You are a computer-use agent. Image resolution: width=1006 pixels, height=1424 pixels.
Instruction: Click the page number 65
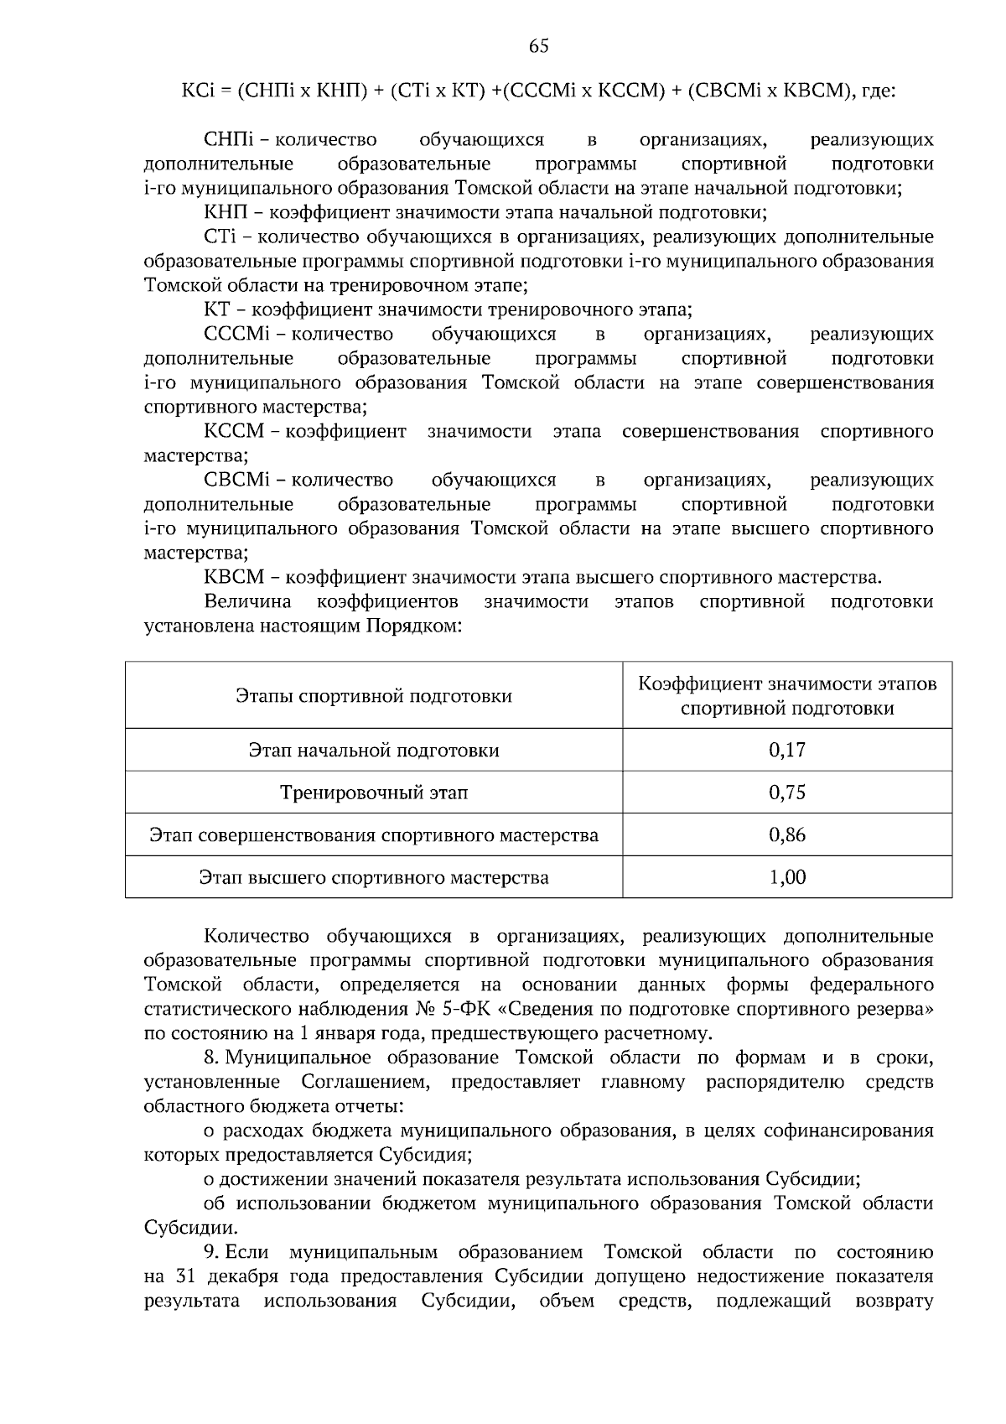tap(539, 47)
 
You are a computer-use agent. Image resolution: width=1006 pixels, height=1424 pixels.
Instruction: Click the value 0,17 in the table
tap(786, 750)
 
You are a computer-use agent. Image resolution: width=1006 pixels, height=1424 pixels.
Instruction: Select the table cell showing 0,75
tap(786, 793)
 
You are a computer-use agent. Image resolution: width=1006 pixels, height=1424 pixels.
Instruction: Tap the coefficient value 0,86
tap(786, 835)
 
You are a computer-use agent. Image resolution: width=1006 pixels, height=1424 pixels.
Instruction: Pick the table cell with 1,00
tap(786, 877)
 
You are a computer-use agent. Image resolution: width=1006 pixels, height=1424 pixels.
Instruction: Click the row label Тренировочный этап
tap(374, 793)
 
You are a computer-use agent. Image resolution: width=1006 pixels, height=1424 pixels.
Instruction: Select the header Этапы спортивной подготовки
tap(374, 696)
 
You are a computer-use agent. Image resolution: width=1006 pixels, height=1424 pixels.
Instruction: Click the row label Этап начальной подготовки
tap(374, 750)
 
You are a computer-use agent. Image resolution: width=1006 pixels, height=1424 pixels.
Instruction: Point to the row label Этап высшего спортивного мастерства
tap(374, 878)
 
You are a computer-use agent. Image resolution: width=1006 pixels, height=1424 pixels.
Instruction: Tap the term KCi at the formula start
tap(200, 91)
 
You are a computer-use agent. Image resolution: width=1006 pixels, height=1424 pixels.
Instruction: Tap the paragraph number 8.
tap(210, 1058)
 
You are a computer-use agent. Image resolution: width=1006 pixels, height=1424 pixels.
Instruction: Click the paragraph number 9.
tap(210, 1252)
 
